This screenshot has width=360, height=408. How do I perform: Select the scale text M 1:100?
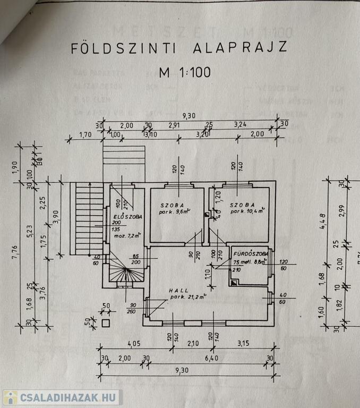coord(184,72)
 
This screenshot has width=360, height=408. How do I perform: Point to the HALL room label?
coord(179,291)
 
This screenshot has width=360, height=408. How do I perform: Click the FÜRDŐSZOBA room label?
coord(251,254)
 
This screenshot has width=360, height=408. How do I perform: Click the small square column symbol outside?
coord(105,322)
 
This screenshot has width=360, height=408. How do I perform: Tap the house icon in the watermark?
coord(10,397)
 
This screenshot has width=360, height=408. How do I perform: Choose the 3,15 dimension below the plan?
coord(243,344)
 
